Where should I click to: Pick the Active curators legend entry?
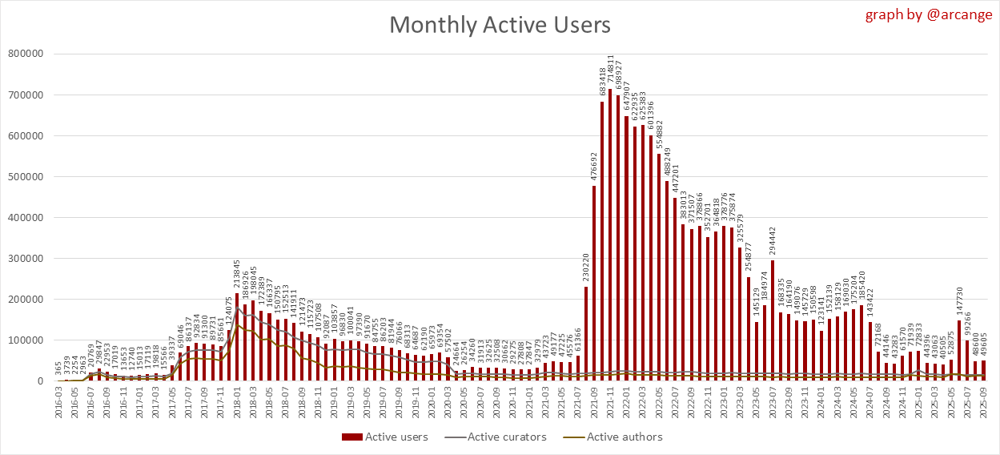pyautogui.click(x=503, y=437)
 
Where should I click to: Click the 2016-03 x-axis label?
pyautogui.click(x=59, y=404)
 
